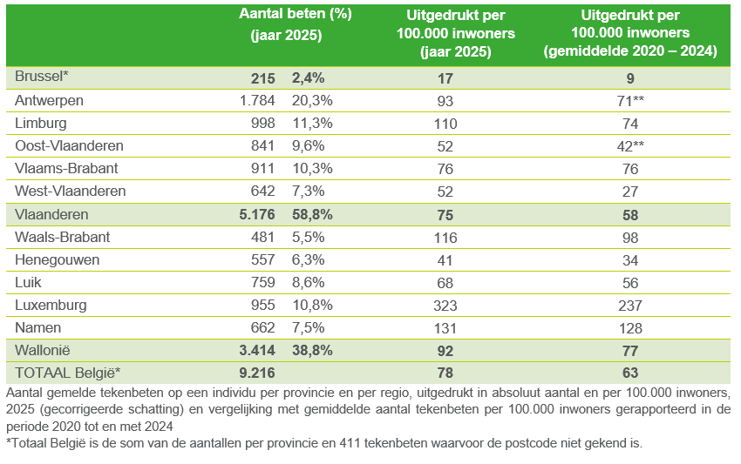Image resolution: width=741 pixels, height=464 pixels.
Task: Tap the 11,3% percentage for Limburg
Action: pyautogui.click(x=312, y=123)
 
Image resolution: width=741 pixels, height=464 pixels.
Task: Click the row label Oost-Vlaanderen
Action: pyautogui.click(x=69, y=145)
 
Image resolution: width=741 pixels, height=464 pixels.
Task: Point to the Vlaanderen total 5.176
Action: pyautogui.click(x=254, y=213)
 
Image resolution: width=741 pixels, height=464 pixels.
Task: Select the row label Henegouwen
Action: pyautogui.click(x=57, y=259)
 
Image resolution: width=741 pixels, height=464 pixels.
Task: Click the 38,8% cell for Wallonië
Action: pyautogui.click(x=312, y=351)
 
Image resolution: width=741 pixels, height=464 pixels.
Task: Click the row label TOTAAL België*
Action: pyautogui.click(x=67, y=373)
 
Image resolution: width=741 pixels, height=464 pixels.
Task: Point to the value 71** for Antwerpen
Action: pyautogui.click(x=629, y=100)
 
